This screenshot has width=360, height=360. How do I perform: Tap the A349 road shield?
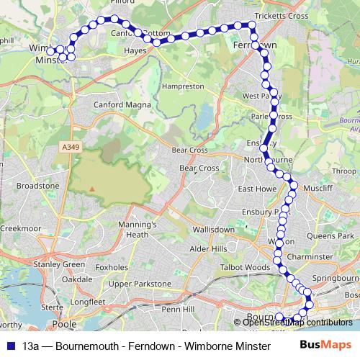pyautogui.click(x=68, y=147)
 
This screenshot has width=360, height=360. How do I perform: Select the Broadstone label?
pyautogui.click(x=37, y=185)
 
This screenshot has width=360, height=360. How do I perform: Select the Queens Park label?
pyautogui.click(x=331, y=235)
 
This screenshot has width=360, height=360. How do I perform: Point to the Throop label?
pyautogui.click(x=344, y=171)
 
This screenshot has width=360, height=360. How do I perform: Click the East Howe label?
pyautogui.click(x=253, y=189)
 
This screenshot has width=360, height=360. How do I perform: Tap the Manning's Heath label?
pyautogui.click(x=137, y=229)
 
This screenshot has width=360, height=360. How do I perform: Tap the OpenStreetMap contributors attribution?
pyautogui.click(x=297, y=322)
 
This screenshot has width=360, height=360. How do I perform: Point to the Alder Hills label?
pyautogui.click(x=208, y=248)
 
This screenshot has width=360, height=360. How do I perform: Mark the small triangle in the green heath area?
pyautogui.click(x=92, y=189)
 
